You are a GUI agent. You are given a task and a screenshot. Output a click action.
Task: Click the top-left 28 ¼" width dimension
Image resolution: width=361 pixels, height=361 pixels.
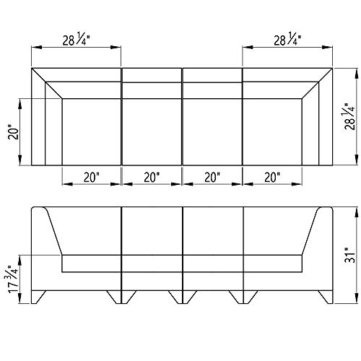[x=76, y=40]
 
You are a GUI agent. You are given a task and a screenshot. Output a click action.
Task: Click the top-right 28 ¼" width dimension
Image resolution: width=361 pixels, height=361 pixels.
[x=287, y=40]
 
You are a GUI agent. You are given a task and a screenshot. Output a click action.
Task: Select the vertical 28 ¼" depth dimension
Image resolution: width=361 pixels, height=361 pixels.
[x=350, y=117]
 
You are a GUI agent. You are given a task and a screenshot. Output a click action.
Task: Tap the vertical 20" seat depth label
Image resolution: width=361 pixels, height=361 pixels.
[x=14, y=132]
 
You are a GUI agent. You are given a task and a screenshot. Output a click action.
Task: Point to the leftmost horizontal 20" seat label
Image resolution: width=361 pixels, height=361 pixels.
[x=92, y=178]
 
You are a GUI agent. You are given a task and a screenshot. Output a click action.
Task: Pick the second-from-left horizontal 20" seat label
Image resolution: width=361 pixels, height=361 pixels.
[x=152, y=178]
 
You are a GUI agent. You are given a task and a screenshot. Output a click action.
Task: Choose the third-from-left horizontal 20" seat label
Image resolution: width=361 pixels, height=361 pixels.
[x=212, y=178]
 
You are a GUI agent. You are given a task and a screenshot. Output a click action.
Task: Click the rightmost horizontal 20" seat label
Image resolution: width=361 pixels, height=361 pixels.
[x=272, y=178]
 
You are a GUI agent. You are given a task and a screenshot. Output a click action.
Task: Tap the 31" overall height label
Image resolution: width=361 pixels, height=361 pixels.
[x=350, y=255]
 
